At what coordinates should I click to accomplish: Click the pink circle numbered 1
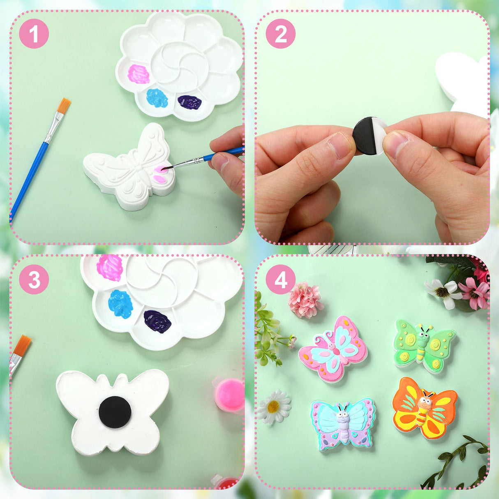pos(34,34)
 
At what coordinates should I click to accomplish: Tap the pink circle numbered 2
pos(280,34)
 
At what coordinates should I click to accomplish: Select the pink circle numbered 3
pos(34,280)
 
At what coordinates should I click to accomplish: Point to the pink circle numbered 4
pos(280,280)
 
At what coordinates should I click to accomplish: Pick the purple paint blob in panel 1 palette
pos(189,102)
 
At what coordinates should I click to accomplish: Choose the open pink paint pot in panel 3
pos(229,395)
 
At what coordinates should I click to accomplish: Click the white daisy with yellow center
pos(274,406)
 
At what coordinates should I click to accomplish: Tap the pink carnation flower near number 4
pos(305,300)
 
